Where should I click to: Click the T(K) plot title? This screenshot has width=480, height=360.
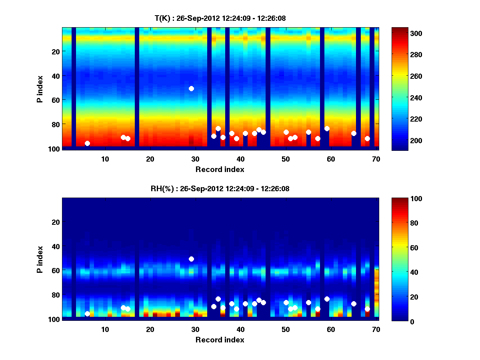pyautogui.click(x=220, y=18)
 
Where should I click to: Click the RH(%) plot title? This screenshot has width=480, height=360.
pyautogui.click(x=220, y=189)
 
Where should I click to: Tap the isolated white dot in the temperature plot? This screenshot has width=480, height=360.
pyautogui.click(x=191, y=88)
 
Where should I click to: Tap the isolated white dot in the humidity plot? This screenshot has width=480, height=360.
pyautogui.click(x=191, y=259)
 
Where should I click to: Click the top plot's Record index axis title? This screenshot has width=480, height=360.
pyautogui.click(x=220, y=169)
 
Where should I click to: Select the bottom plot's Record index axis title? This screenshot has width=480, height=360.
pyautogui.click(x=220, y=340)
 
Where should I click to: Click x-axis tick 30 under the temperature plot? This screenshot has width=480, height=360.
pyautogui.click(x=195, y=159)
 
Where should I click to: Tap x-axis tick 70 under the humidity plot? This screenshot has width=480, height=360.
pyautogui.click(x=376, y=330)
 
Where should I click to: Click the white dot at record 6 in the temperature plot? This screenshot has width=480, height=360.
pyautogui.click(x=87, y=143)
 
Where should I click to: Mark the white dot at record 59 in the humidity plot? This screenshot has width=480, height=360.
pyautogui.click(x=327, y=299)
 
